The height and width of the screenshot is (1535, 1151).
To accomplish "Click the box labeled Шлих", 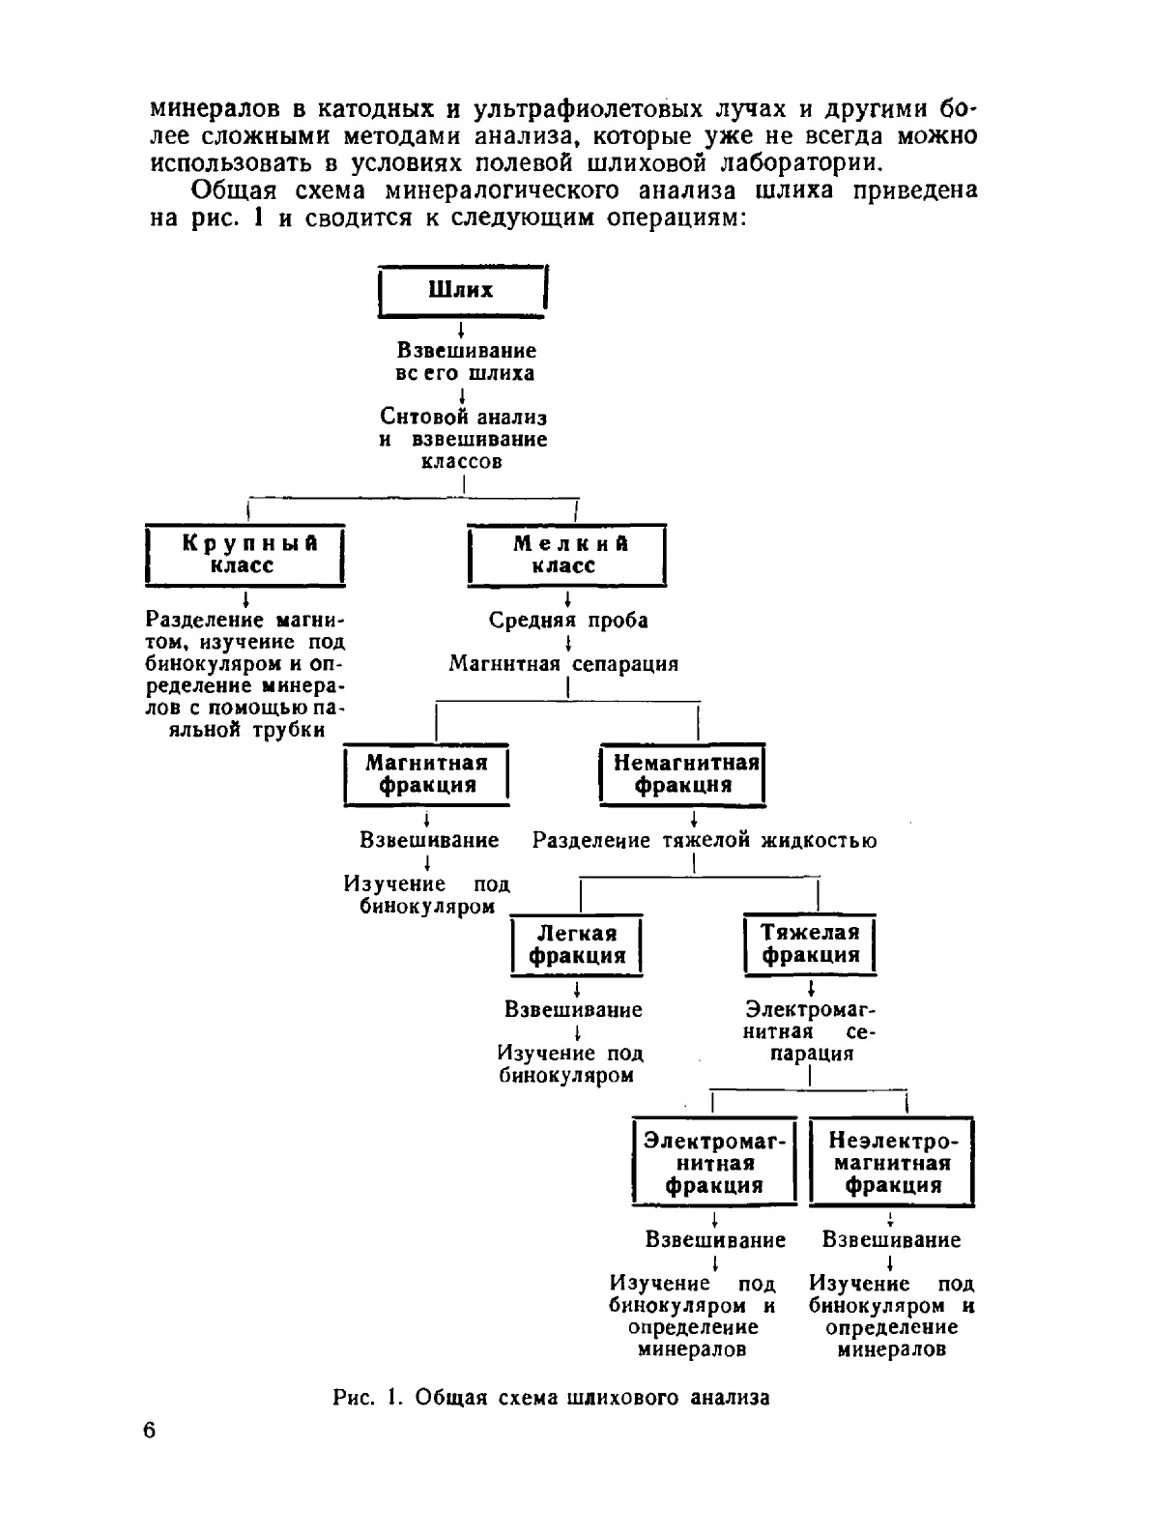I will coord(461,290).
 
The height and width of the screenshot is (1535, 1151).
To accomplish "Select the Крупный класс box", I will coord(245,555).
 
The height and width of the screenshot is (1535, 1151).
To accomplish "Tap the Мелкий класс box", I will coord(566,555).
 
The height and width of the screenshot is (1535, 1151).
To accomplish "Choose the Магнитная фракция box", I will coord(426,774).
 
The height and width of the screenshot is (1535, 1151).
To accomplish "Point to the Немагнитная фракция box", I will coord(682,774).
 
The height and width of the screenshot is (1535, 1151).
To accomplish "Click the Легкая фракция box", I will coord(577,944).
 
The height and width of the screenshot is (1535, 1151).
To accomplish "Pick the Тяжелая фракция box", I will coord(810,944).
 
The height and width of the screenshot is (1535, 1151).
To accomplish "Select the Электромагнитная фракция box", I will coord(714,1162).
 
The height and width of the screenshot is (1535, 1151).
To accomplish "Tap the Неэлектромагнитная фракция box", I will coord(891,1162).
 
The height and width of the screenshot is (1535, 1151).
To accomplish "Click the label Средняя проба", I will coord(568,621).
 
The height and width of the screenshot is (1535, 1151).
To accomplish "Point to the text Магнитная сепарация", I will coord(563,664).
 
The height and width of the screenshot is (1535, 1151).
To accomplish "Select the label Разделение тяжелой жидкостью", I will coord(705,840).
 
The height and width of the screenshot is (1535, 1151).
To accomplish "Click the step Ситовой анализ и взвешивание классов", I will coord(463,439).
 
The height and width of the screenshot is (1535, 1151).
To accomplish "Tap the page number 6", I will coord(149,1431).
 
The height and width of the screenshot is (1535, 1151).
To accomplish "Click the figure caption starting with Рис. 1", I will coord(551,1397).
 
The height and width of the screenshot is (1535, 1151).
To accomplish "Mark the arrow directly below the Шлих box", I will coord(462,330).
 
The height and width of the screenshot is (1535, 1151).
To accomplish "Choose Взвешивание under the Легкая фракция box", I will coord(573,1009).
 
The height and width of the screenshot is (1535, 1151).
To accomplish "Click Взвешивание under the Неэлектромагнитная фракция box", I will coord(891,1239).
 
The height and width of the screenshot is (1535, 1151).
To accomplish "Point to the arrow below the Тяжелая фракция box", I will coord(811,989).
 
